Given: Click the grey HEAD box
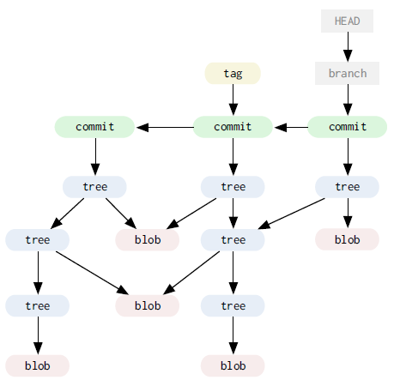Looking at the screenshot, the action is click(x=347, y=21).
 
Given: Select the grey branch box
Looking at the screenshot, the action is click(x=347, y=73).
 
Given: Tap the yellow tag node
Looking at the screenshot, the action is click(x=233, y=73).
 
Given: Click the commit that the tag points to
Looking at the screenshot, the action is click(x=233, y=127).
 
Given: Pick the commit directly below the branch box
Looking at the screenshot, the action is click(x=347, y=127).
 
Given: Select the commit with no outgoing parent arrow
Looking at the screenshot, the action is click(x=94, y=127).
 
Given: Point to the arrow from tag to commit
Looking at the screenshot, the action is click(x=233, y=100).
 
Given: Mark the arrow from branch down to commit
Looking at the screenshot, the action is click(x=348, y=100).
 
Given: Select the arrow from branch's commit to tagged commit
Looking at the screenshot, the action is click(x=291, y=127).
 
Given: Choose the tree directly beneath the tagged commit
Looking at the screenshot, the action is click(x=233, y=187).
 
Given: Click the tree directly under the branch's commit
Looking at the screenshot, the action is click(x=347, y=187).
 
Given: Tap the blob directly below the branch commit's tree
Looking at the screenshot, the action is click(x=347, y=239).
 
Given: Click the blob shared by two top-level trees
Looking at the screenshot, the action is click(x=148, y=239).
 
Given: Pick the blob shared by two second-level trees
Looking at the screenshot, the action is click(x=148, y=305).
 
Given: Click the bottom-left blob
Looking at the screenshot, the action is click(x=38, y=365).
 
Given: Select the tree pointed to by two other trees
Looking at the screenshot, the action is click(x=233, y=239).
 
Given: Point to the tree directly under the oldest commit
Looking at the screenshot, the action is click(x=94, y=187).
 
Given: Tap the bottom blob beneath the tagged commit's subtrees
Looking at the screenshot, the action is click(x=233, y=365).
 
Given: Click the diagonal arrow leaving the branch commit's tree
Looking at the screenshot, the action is click(x=291, y=214).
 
